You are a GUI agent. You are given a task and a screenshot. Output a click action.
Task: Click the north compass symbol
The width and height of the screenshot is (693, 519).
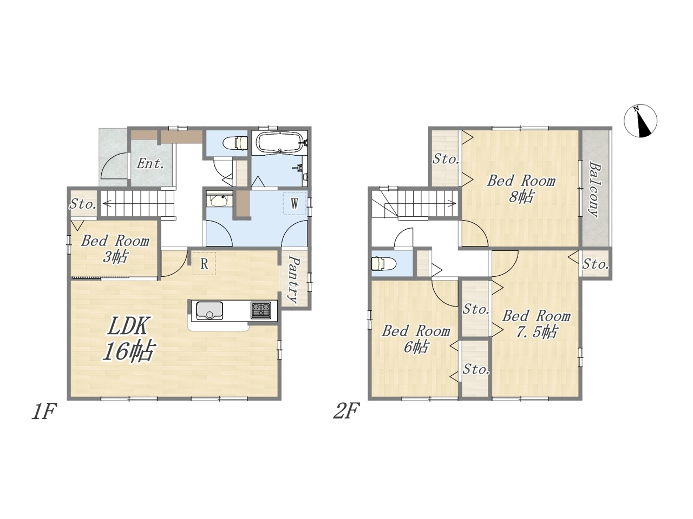point(640,121)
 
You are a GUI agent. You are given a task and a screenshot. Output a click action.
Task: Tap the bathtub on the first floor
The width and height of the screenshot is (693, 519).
point(279,142)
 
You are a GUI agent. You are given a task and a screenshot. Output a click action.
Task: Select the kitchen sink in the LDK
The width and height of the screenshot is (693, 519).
point(210,310)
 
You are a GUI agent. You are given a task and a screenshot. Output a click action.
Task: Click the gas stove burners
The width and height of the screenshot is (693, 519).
point(261,310)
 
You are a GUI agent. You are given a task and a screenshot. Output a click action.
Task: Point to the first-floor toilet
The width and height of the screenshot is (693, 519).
point(235,142)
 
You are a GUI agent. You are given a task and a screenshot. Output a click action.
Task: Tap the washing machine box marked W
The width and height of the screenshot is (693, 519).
point(295,203)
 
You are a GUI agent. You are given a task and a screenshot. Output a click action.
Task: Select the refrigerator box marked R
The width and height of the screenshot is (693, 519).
point(204,263)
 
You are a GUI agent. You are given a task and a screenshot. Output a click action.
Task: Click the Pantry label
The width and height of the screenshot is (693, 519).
point(294,280)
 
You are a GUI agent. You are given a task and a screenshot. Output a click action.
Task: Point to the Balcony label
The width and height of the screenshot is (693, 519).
point(594,189)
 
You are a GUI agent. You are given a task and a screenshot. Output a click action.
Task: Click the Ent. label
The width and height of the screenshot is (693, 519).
point(151,164)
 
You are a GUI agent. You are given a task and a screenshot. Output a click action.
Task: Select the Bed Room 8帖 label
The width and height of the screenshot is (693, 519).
point(521,189)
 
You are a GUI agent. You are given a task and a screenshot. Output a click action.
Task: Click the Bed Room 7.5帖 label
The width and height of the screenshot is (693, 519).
point(536,324)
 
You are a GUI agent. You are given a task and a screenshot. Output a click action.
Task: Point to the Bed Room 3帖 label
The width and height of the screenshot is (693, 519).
point(115,249)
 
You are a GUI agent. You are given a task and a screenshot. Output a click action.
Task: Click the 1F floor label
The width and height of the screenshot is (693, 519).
point(44,412)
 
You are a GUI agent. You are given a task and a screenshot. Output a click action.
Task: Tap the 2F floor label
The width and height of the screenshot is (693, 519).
point(346,412)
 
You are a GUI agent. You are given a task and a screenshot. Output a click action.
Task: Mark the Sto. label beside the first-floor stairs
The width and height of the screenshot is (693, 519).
point(83,204)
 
